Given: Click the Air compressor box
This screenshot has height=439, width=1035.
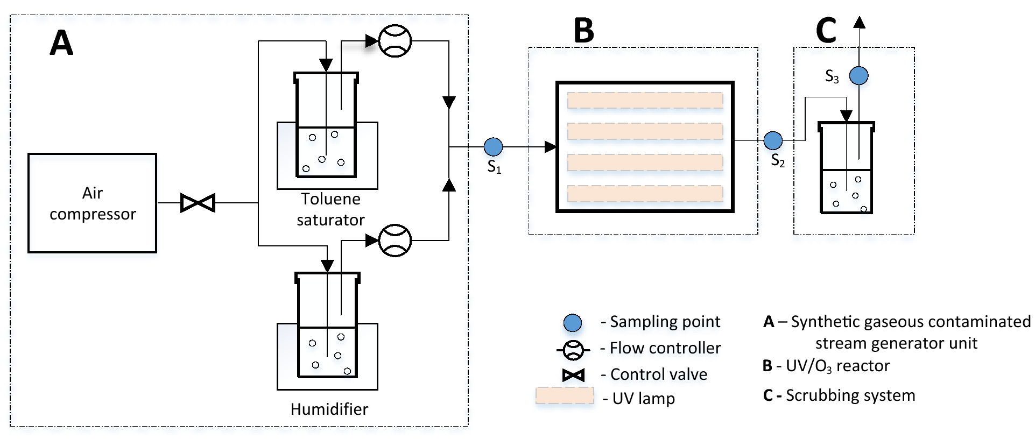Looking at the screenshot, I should [92, 203].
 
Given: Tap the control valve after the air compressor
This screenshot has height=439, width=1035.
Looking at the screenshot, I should [198, 203].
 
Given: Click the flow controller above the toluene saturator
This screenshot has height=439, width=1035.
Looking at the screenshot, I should [395, 41].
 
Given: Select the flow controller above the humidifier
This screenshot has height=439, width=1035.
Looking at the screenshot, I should [395, 240].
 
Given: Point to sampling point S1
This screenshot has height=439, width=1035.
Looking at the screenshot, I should [493, 146].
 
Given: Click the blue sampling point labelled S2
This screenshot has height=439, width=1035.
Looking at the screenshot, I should [773, 140].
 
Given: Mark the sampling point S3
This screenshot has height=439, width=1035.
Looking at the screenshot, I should [858, 75].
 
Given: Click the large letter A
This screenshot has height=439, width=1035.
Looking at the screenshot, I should [61, 43].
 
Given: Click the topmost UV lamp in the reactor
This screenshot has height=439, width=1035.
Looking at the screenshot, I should [645, 100].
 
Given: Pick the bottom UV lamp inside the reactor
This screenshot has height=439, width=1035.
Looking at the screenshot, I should [645, 193].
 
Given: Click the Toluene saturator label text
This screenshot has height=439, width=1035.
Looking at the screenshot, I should [330, 209].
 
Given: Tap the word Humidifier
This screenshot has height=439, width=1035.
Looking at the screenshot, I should [329, 409].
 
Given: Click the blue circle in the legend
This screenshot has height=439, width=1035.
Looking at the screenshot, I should [572, 323].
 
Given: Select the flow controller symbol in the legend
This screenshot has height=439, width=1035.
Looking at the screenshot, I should [573, 350].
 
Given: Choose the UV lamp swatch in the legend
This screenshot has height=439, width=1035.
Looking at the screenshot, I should [565, 395].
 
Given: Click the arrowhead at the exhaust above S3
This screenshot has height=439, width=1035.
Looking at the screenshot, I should [859, 23].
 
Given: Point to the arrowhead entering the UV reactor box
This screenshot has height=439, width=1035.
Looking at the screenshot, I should [550, 146].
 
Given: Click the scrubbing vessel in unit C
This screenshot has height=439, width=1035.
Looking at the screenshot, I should [846, 169].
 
